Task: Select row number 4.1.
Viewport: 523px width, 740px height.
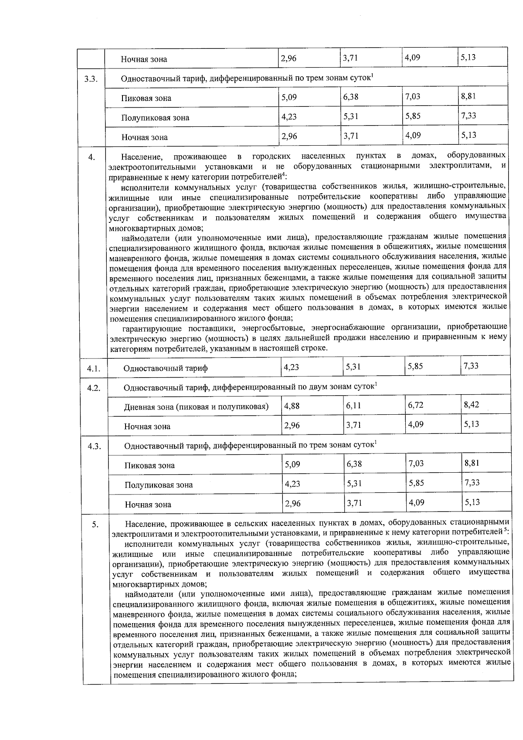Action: coord(94,369)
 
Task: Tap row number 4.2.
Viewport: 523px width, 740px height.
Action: coord(94,388)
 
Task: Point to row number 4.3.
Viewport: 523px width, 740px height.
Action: coord(94,446)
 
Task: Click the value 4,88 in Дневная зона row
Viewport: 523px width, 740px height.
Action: coord(292,406)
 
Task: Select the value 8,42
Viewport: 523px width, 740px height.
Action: coord(471,405)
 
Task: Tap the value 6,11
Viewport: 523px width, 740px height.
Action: coord(353,406)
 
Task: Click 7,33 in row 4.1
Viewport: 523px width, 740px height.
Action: coord(471,366)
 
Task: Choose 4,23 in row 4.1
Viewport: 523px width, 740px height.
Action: coord(291,367)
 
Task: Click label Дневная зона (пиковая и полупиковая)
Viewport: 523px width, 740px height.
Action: coord(196,407)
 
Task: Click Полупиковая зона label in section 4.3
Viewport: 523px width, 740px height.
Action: coord(159,485)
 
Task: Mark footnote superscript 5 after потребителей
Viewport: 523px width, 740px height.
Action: coord(505,530)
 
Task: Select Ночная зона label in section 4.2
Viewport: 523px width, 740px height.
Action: coord(147,426)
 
